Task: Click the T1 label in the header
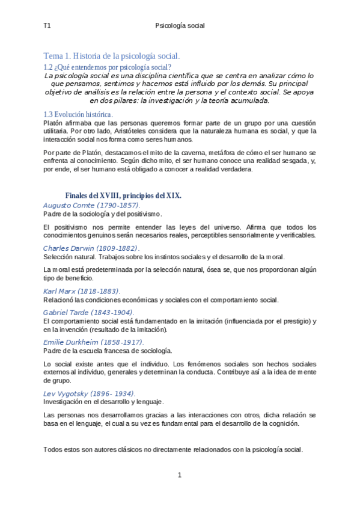coord(47,26)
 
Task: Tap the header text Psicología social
coord(180,26)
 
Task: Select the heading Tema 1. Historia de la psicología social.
coord(112,56)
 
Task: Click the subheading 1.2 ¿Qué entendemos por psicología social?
coord(108,67)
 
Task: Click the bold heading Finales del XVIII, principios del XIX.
coord(123,195)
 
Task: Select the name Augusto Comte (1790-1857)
coord(92,205)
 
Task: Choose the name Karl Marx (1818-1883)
coord(82,291)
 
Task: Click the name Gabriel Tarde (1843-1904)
coord(88,312)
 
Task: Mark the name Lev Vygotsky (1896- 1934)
coord(90,393)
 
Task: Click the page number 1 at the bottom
coord(179,475)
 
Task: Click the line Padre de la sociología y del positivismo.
coord(103,214)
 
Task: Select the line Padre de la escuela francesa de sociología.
coord(108,351)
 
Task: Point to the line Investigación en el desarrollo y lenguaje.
coord(104,402)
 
